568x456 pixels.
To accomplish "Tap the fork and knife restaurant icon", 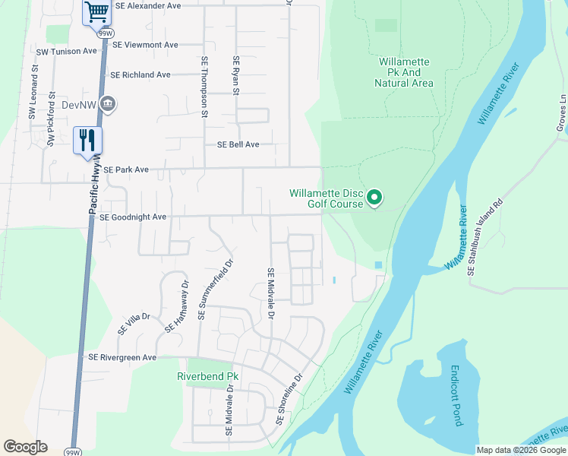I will point(87,139).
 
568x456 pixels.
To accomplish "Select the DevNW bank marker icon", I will point(108,103).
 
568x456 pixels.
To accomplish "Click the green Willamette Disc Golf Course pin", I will point(374,198).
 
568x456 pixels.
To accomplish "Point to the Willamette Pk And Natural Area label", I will point(404,72).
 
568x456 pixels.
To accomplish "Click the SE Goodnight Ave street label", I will point(133,217).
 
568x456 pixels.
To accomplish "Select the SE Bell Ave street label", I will point(238,144).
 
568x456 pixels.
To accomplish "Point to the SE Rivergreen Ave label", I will point(122,357).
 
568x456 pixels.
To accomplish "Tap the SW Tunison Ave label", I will point(67,51).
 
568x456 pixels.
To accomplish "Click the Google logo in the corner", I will point(25,447).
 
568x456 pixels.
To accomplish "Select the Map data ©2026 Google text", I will point(521,450).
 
